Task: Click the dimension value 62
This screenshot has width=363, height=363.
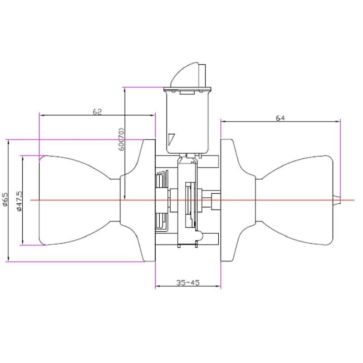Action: [97, 111]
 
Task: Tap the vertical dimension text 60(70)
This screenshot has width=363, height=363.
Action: [121, 139]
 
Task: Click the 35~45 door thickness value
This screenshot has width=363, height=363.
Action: [188, 282]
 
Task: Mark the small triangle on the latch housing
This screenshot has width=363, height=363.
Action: [171, 138]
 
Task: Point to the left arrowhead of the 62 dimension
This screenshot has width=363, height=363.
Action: [41, 115]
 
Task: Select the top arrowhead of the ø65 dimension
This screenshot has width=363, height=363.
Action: [8, 142]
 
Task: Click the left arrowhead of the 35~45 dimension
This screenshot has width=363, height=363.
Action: [157, 287]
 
